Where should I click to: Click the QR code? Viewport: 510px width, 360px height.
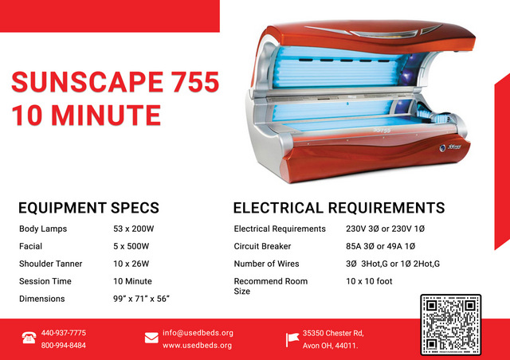[x=450, y=324]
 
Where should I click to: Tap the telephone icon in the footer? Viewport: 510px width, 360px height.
[x=29, y=338]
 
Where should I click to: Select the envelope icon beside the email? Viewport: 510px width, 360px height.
[x=151, y=338]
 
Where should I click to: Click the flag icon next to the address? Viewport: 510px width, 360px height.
[x=292, y=339]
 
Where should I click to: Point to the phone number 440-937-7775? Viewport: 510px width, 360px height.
[x=64, y=333]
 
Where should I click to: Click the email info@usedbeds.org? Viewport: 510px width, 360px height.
[x=198, y=333]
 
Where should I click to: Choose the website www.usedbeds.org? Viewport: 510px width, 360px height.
[x=197, y=346]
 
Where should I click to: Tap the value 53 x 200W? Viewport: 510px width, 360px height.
[x=133, y=229]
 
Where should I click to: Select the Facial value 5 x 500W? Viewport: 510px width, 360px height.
[x=131, y=246]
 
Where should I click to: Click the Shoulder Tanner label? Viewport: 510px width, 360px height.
[x=51, y=264]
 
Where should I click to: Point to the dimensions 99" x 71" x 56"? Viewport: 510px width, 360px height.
[x=142, y=299]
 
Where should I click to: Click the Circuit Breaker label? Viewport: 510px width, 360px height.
[x=262, y=246]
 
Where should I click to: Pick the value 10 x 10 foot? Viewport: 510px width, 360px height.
[x=369, y=281]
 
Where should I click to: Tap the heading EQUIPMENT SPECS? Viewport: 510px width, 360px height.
[x=88, y=208]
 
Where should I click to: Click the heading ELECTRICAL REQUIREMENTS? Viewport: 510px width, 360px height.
[x=339, y=208]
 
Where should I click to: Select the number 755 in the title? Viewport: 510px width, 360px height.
[x=195, y=81]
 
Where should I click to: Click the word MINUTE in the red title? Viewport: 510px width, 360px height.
[x=106, y=115]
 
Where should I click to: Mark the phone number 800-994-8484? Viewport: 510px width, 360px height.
[x=64, y=346]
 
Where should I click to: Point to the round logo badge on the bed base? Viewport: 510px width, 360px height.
[x=442, y=148]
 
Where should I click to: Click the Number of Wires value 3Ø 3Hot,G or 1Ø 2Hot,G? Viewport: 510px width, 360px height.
[x=393, y=264]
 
